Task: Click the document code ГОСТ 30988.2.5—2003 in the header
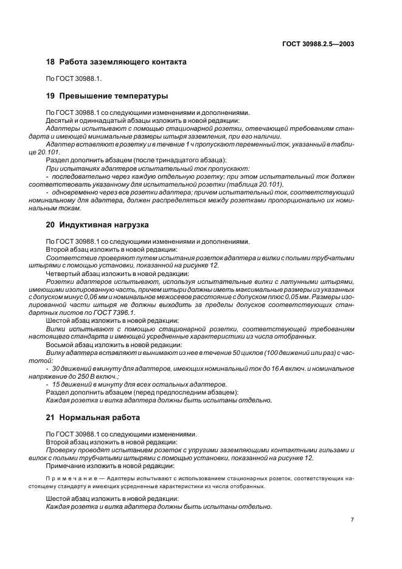[318, 43]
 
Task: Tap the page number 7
[352, 520]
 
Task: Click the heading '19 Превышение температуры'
[107, 96]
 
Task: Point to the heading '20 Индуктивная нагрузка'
[99, 224]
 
